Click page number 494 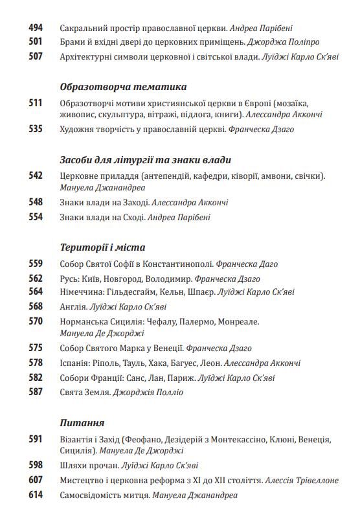tap(36, 28)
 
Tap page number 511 tap(36, 104)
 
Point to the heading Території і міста tap(102, 247)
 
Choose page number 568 tap(36, 306)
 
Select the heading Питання tap(82, 424)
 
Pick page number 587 tap(36, 392)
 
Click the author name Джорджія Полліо tap(148, 392)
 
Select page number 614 tap(36, 496)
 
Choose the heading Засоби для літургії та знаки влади tap(146, 159)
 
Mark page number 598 tap(36, 466)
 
